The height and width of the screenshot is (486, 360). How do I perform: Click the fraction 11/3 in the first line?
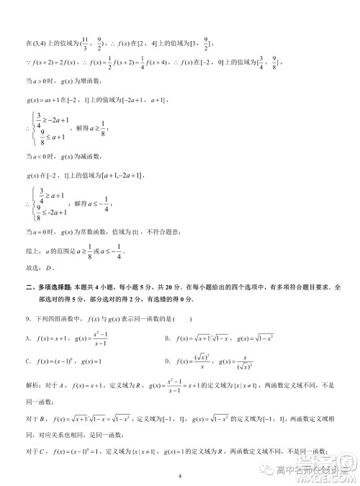tap(86, 45)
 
